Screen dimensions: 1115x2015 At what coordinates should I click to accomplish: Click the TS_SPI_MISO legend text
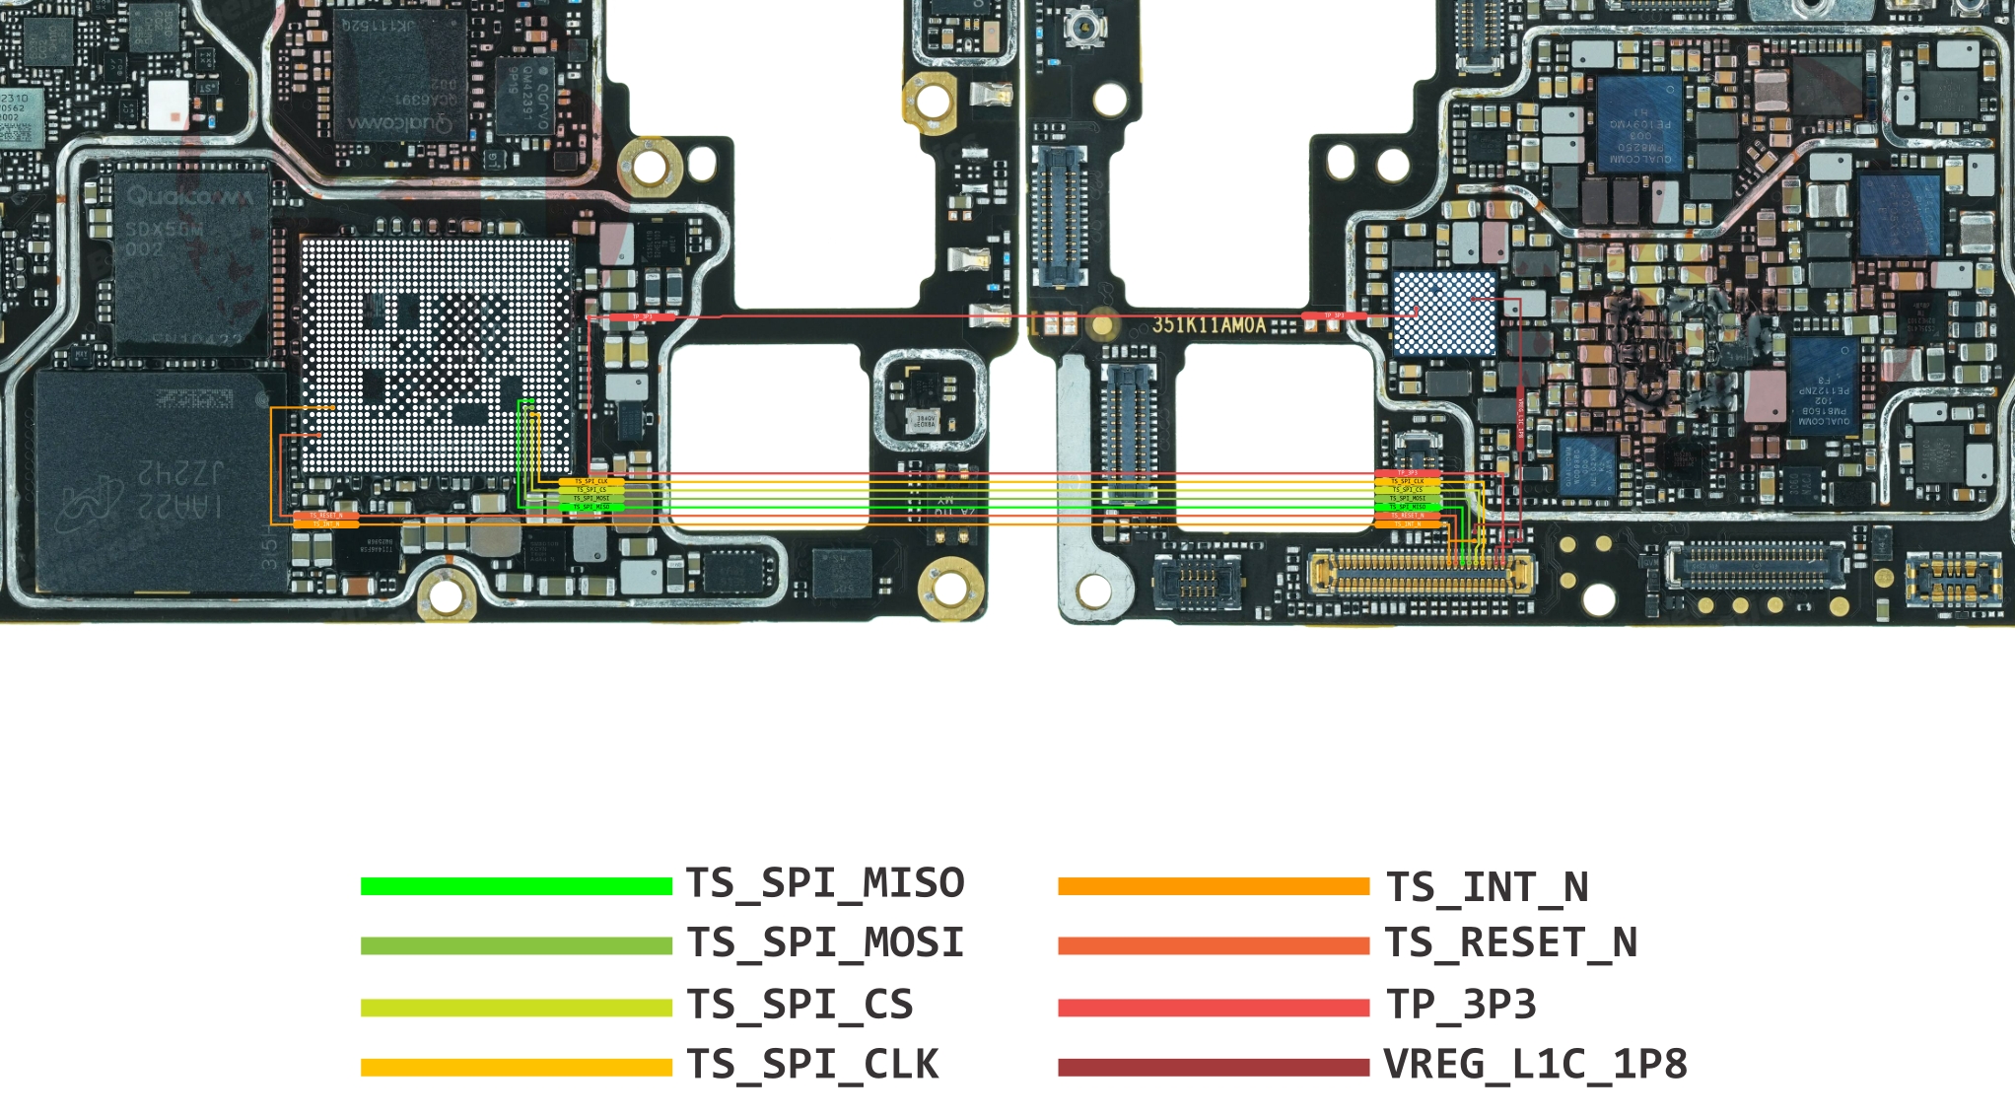tap(824, 883)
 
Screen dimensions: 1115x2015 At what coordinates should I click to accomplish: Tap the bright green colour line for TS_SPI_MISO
tap(516, 886)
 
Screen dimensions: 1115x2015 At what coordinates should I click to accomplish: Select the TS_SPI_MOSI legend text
tap(824, 943)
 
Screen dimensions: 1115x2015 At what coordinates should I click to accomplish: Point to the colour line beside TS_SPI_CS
tap(516, 1007)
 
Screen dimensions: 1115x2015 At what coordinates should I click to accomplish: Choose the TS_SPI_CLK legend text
tap(812, 1065)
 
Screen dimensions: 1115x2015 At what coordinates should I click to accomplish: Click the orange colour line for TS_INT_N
tap(1213, 886)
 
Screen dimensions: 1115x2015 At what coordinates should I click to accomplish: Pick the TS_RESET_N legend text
tap(1510, 943)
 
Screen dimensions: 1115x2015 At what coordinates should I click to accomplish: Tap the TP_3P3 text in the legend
tap(1461, 1005)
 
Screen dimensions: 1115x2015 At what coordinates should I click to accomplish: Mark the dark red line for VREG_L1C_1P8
tap(1213, 1067)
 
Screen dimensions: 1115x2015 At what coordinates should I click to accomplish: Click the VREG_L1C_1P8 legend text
tap(1535, 1065)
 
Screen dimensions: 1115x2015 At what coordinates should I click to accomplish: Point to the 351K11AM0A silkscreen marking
tap(1209, 324)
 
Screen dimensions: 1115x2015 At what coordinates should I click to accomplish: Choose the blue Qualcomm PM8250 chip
tap(1639, 125)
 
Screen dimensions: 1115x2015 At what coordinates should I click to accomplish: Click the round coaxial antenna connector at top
tap(1082, 27)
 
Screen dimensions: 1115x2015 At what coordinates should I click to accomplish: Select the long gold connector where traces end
tap(1421, 573)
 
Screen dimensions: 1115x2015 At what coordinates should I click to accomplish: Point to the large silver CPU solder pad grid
tap(436, 356)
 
